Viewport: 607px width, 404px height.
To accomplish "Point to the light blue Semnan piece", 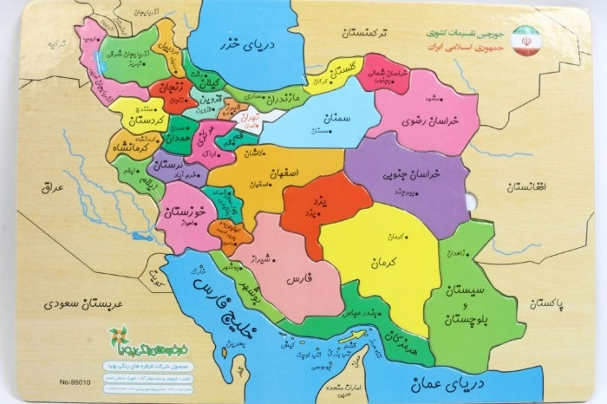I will (312, 122).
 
